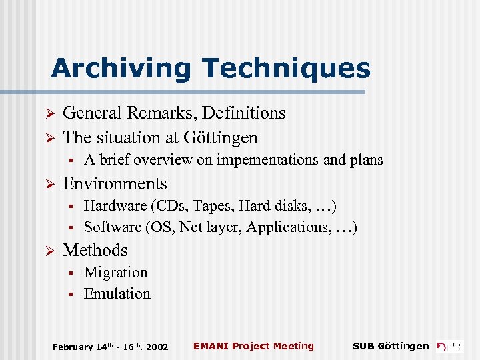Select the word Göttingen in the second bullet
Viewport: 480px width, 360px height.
point(223,137)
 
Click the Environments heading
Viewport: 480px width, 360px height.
point(115,183)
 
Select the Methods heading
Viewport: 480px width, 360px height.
point(95,250)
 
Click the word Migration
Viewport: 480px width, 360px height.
point(116,272)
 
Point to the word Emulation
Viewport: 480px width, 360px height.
point(117,293)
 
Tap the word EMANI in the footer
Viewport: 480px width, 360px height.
point(208,346)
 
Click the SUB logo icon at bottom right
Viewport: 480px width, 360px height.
point(449,346)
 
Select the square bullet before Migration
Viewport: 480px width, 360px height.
point(70,273)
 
